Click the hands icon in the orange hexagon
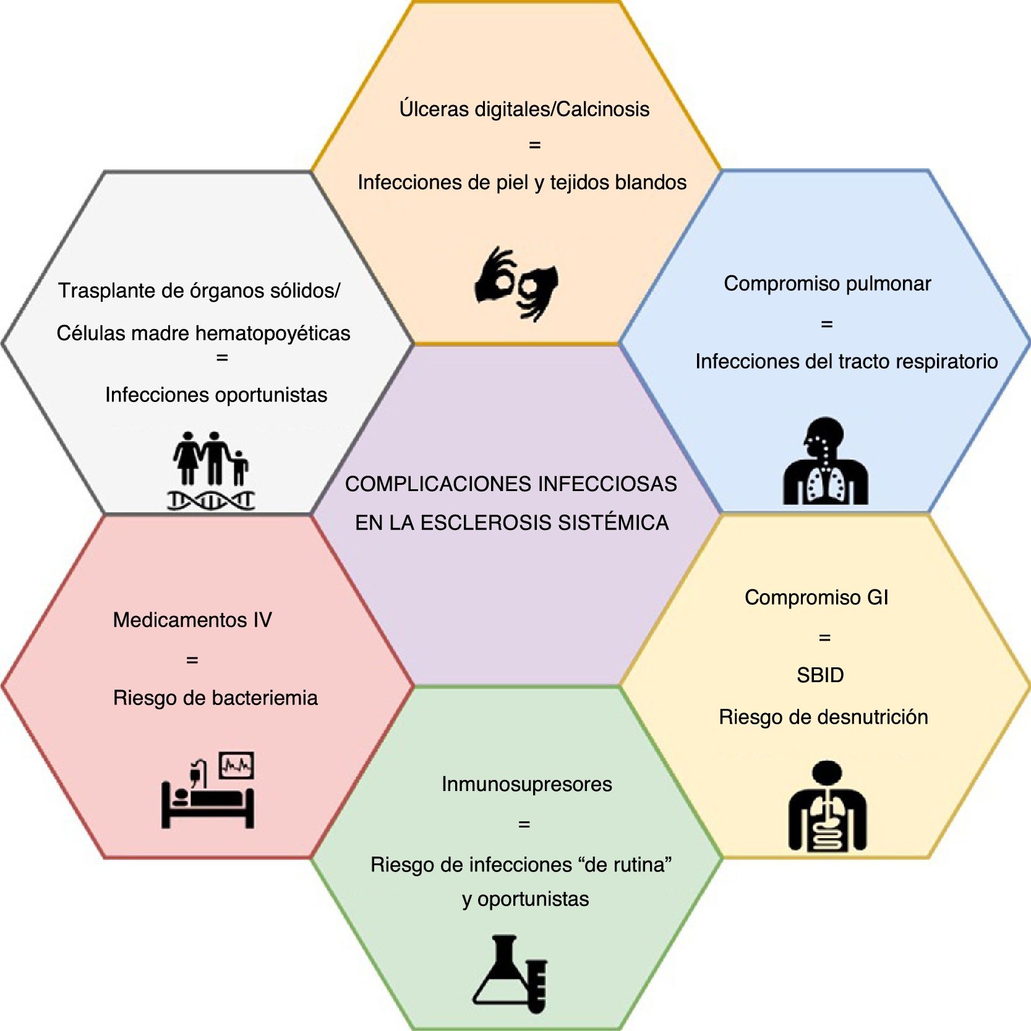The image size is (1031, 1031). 516,284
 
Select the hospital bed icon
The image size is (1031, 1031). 208,798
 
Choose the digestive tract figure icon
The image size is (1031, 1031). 827,806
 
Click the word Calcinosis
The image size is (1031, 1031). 603,109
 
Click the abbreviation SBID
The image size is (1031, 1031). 820,675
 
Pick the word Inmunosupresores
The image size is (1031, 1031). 526,784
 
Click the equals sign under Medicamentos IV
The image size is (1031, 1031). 192,661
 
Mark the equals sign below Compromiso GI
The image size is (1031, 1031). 824,638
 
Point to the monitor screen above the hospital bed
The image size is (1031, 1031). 237,766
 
